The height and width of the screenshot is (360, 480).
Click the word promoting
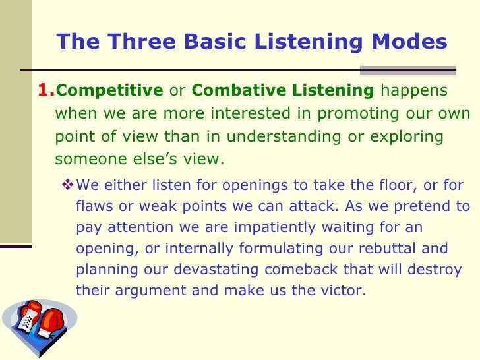pos(348,113)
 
